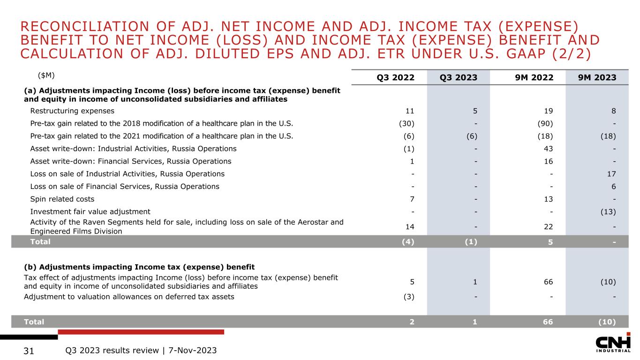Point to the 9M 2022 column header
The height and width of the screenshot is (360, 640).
click(x=534, y=78)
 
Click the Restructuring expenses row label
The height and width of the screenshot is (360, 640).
click(x=72, y=111)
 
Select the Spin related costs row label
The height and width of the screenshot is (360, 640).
click(x=62, y=199)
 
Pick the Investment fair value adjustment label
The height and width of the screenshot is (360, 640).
click(x=90, y=211)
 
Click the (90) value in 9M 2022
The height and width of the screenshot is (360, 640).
click(x=546, y=124)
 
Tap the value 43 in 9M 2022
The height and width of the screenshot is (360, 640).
click(x=549, y=149)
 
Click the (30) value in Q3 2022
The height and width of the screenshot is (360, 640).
click(x=407, y=124)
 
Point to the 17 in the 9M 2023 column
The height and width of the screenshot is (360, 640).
click(x=611, y=174)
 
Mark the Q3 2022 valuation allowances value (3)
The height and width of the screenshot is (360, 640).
click(x=408, y=297)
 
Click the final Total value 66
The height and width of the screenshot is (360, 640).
click(x=548, y=322)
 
